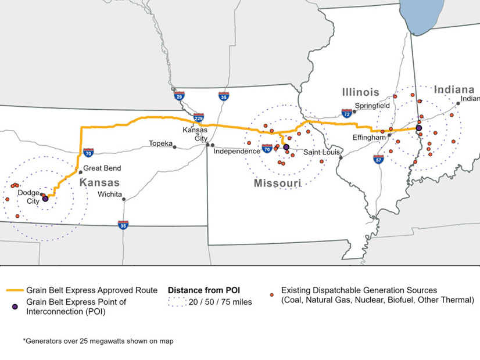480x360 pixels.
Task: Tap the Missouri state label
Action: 277,183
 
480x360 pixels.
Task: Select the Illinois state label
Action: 360,92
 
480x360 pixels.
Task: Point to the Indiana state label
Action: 454,89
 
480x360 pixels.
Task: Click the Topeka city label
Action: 160,143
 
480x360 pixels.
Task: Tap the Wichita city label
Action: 110,194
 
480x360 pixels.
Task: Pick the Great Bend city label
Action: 102,168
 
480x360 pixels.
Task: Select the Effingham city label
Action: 369,138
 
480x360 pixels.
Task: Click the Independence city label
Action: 237,152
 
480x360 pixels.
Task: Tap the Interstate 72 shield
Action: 347,113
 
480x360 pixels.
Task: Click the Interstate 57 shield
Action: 378,159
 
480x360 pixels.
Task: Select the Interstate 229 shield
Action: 199,118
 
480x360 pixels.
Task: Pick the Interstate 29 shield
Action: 180,96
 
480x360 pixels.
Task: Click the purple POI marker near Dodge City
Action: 45,199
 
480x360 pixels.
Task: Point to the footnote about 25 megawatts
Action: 98,341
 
